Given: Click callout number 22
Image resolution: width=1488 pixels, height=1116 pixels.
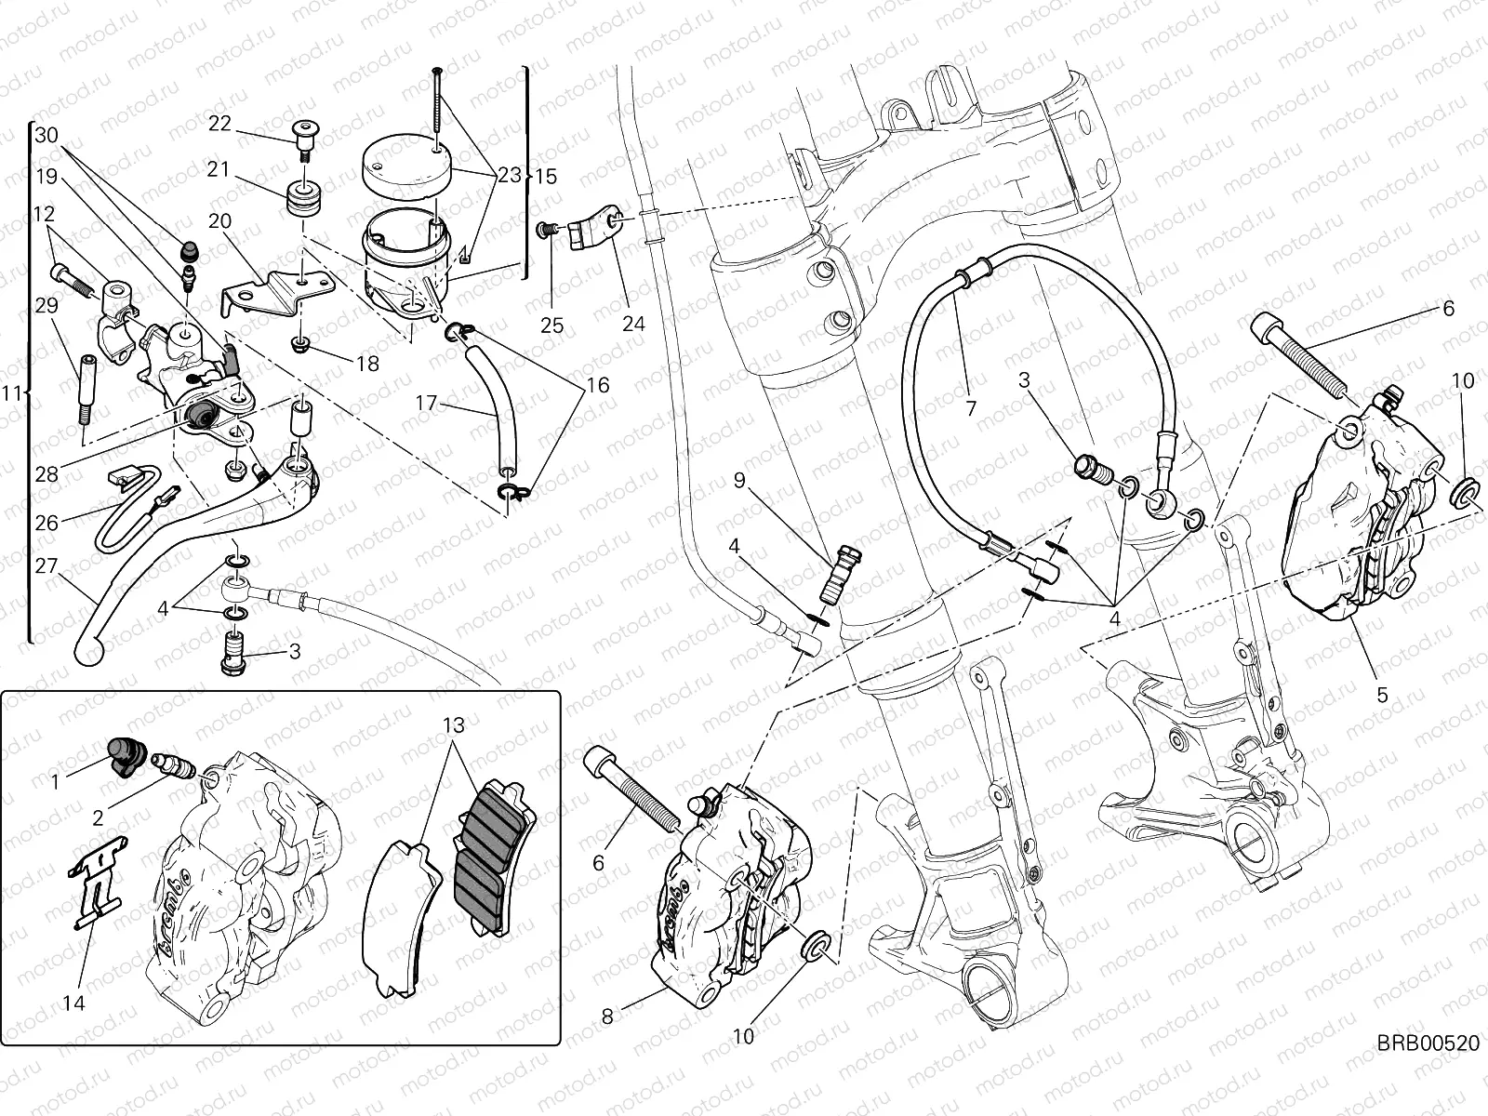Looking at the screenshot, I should [x=219, y=123].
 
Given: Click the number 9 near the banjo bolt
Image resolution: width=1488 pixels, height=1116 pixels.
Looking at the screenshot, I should [x=739, y=480].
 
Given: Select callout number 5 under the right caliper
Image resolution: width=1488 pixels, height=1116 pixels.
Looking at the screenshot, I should [x=1382, y=694].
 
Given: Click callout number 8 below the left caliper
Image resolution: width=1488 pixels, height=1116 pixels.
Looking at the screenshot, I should [x=607, y=1016].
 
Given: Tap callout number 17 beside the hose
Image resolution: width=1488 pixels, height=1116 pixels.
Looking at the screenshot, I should [x=426, y=404].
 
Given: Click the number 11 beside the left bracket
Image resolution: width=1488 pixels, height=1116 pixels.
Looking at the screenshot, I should [x=11, y=393].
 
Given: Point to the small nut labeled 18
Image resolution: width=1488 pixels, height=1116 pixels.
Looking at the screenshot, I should [x=300, y=346].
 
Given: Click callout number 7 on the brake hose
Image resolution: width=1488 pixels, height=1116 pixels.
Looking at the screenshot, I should [x=970, y=407].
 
